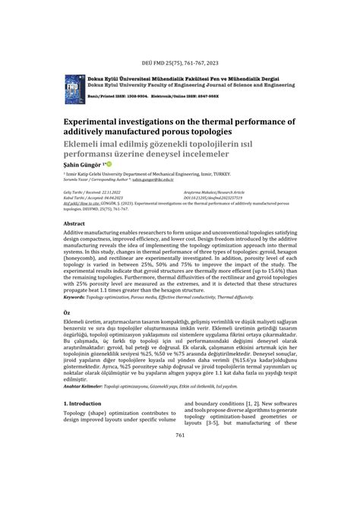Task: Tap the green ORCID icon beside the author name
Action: (109, 163)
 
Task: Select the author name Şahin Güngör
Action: (82, 164)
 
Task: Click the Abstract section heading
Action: (74, 225)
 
